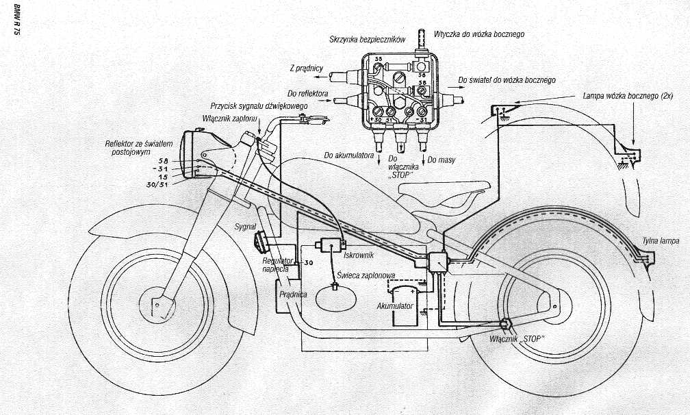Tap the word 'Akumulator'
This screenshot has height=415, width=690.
click(x=395, y=306)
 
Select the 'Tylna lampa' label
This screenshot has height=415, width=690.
click(x=661, y=241)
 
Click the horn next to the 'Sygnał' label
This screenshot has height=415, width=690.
click(x=261, y=241)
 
